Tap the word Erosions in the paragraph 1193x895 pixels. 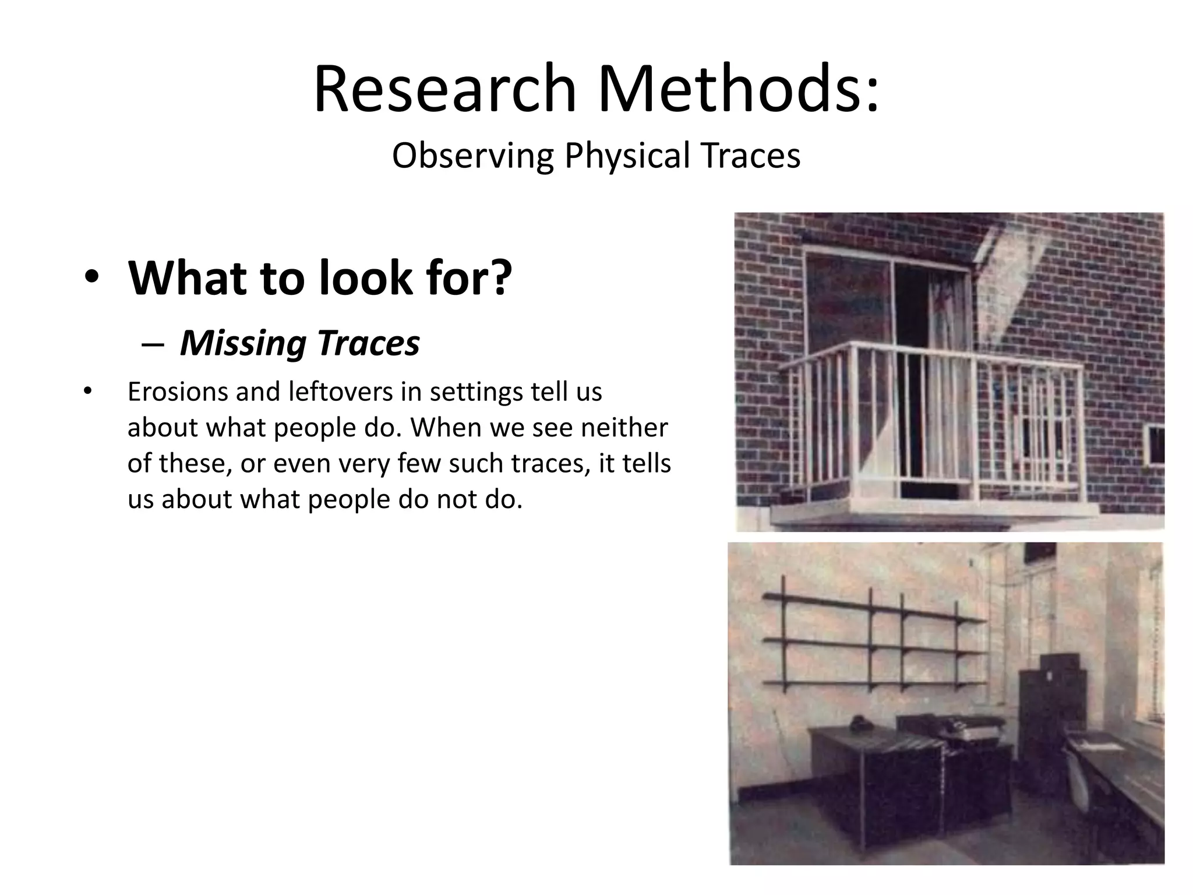click(177, 392)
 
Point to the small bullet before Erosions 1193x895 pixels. click(88, 390)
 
